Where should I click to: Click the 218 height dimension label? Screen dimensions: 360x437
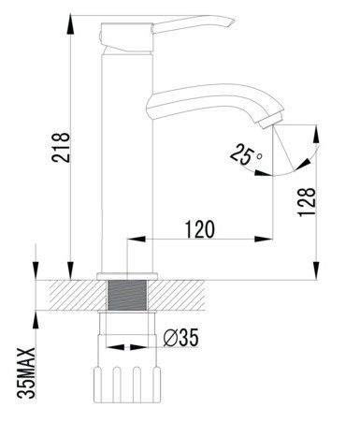pyautogui.click(x=60, y=147)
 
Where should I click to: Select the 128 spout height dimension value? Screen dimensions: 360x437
pyautogui.click(x=307, y=201)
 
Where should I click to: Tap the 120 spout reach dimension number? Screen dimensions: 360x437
pyautogui.click(x=200, y=229)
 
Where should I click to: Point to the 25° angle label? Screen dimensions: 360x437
pyautogui.click(x=246, y=153)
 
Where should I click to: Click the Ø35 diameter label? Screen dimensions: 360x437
pyautogui.click(x=180, y=338)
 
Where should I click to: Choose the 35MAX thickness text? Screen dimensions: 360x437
pyautogui.click(x=26, y=373)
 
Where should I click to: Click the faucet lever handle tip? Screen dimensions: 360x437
pyautogui.click(x=232, y=22)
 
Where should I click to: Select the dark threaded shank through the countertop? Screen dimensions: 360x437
pyautogui.click(x=127, y=295)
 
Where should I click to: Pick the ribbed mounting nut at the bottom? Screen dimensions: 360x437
pyautogui.click(x=127, y=385)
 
